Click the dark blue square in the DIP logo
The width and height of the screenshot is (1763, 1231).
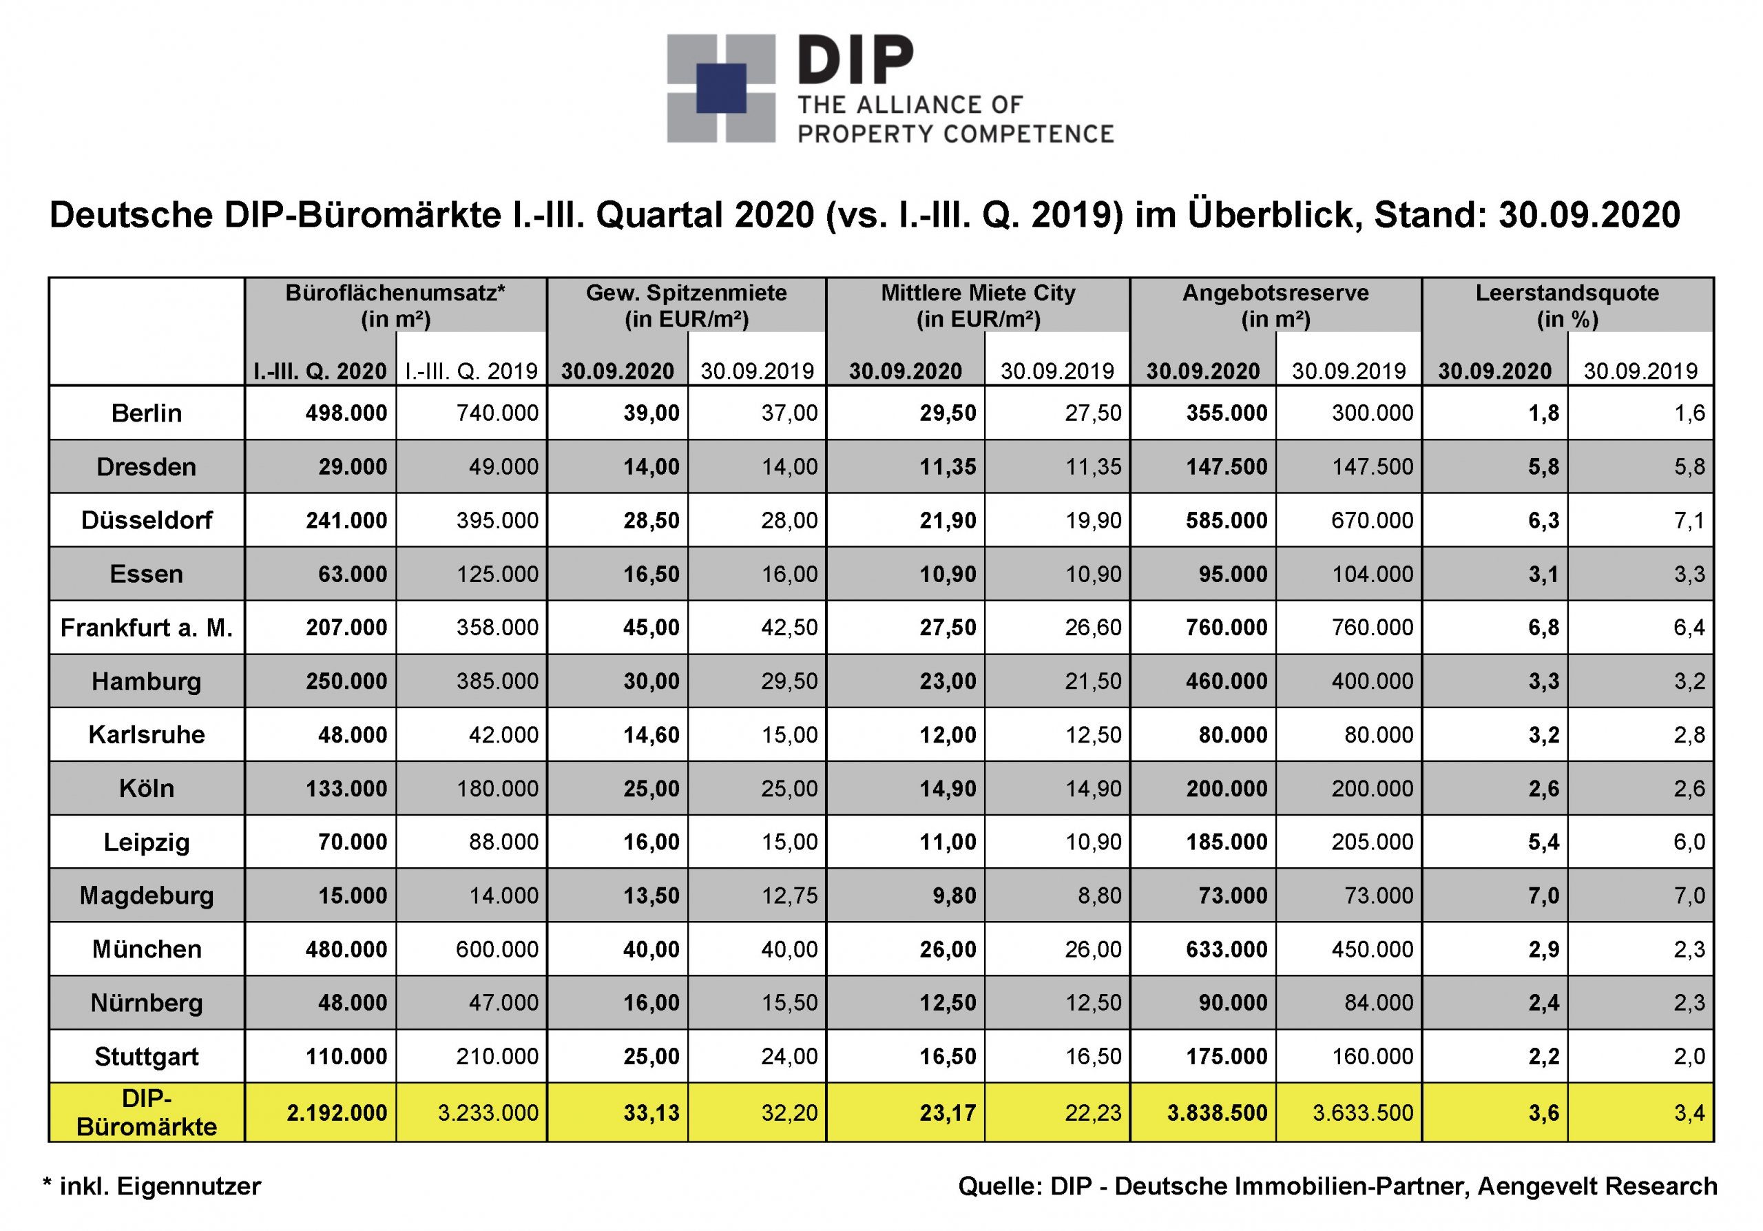coord(721,88)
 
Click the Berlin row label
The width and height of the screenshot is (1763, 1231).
coord(147,413)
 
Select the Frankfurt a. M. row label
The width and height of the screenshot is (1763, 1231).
coord(147,628)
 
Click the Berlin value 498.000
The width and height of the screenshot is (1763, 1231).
coord(346,413)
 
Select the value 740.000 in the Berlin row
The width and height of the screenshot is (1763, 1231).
coord(498,413)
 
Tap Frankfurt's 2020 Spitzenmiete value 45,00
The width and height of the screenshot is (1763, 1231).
coord(651,628)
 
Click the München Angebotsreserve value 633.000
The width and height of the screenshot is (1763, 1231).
coord(1227,949)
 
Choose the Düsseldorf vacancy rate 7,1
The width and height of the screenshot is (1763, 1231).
coord(1689,521)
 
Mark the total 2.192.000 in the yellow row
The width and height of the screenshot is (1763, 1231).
coord(337,1113)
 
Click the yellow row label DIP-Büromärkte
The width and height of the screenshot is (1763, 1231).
coord(147,1113)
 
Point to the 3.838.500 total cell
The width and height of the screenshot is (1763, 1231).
coord(1217,1113)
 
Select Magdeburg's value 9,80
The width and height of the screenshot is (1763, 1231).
coord(954,896)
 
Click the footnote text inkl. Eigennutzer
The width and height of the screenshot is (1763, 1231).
coord(160,1186)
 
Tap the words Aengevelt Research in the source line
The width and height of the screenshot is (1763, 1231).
coord(1597,1186)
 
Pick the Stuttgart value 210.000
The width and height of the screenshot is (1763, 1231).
coord(498,1057)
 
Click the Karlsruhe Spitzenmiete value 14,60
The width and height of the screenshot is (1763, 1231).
coord(651,735)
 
